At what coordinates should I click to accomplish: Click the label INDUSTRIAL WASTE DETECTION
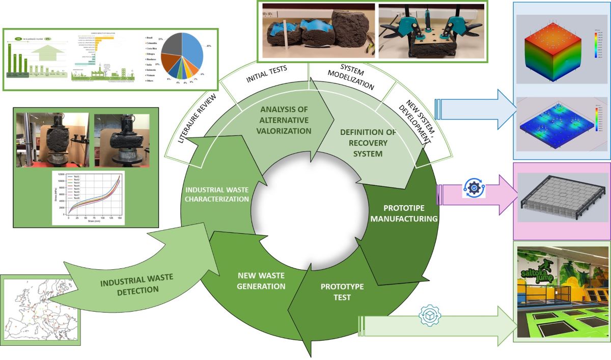coord(136,284)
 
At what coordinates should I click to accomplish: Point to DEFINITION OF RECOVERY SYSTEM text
coord(367,143)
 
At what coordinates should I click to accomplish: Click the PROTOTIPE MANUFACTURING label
coord(404,213)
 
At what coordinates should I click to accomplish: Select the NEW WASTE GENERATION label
coord(262,281)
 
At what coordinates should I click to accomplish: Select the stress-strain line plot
coord(88,198)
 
